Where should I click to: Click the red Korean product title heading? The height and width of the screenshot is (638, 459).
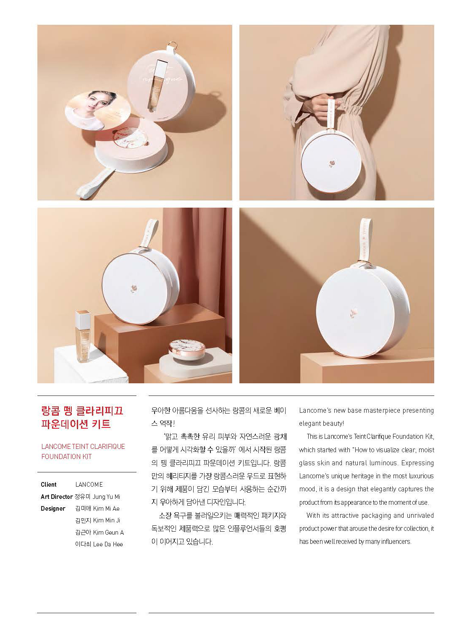[82, 417]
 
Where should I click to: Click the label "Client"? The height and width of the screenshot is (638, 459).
[49, 485]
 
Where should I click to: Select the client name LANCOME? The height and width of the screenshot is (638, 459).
[89, 485]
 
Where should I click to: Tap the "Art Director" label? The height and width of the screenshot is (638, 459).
[57, 497]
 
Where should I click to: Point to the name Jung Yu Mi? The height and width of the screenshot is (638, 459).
[106, 497]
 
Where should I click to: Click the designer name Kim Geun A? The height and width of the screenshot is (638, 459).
[108, 533]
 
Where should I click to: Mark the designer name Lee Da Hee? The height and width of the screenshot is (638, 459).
[108, 544]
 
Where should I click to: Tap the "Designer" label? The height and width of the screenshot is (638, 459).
[53, 509]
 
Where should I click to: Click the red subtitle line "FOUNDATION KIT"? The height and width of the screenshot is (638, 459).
[66, 456]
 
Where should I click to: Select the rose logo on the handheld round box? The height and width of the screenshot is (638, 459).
[331, 163]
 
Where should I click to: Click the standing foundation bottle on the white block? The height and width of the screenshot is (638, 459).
[83, 336]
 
